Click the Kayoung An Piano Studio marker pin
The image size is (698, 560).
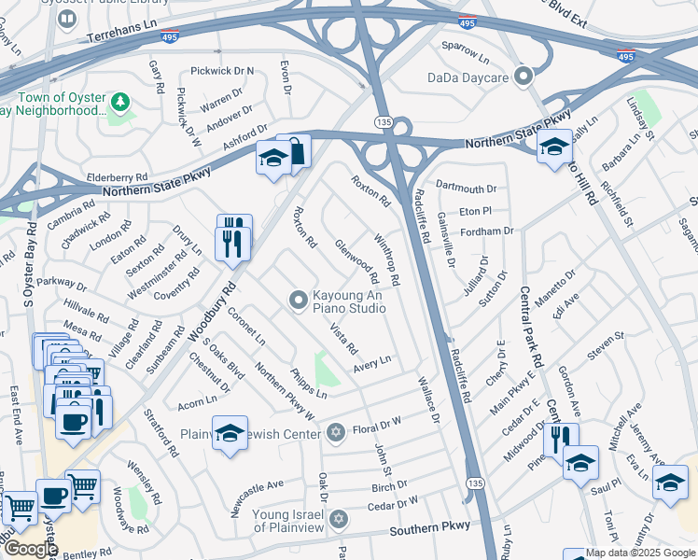pos(298,300)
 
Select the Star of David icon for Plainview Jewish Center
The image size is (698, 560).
pos(337,432)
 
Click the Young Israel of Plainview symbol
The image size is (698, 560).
pos(338,517)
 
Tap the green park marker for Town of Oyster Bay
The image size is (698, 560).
pos(119,101)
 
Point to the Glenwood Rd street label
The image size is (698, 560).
pos(356,261)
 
